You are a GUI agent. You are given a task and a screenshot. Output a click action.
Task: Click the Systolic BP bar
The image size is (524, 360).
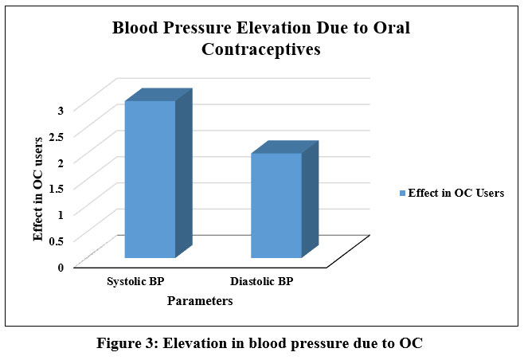click(149, 179)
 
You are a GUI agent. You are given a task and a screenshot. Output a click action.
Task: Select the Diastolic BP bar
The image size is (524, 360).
click(276, 205)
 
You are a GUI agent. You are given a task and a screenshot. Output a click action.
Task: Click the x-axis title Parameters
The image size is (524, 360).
click(201, 302)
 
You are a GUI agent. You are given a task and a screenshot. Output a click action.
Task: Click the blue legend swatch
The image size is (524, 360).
click(403, 194)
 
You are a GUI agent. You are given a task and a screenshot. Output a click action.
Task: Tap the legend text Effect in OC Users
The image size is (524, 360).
click(456, 194)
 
